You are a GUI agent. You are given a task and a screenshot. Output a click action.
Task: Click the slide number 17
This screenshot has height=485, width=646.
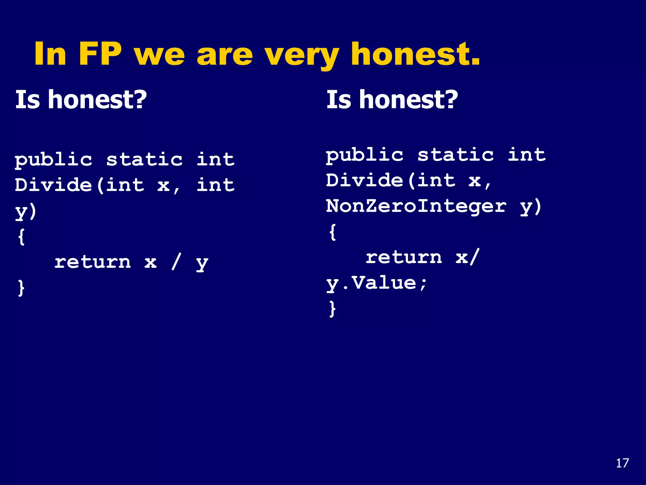point(622,463)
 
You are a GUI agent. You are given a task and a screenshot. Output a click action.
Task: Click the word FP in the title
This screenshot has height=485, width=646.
point(100,54)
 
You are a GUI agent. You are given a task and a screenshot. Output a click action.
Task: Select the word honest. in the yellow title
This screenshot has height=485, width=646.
point(415,54)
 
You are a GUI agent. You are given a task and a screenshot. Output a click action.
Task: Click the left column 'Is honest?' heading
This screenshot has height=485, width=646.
point(81,99)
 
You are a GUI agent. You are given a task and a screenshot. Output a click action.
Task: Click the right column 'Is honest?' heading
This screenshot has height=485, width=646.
point(392,99)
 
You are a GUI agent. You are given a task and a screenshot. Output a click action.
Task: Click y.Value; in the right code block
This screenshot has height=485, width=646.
point(377,283)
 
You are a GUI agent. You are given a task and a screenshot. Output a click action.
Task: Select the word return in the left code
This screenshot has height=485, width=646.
point(92,262)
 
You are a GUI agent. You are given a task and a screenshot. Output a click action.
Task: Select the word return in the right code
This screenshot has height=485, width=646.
point(404,257)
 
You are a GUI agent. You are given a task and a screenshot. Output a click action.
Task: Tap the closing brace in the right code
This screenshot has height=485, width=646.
point(332,308)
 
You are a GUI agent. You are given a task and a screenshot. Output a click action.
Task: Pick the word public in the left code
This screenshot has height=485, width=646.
point(54,160)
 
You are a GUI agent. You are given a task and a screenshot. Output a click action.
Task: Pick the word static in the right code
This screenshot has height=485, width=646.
point(455,155)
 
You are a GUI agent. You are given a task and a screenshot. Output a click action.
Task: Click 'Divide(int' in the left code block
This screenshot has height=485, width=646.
point(79,185)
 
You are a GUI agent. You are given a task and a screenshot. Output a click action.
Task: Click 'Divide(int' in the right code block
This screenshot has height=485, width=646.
point(391,181)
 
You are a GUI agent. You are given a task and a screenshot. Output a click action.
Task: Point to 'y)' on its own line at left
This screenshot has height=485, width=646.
point(26,211)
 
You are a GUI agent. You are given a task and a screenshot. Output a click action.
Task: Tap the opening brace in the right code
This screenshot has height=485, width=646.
point(332,232)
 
